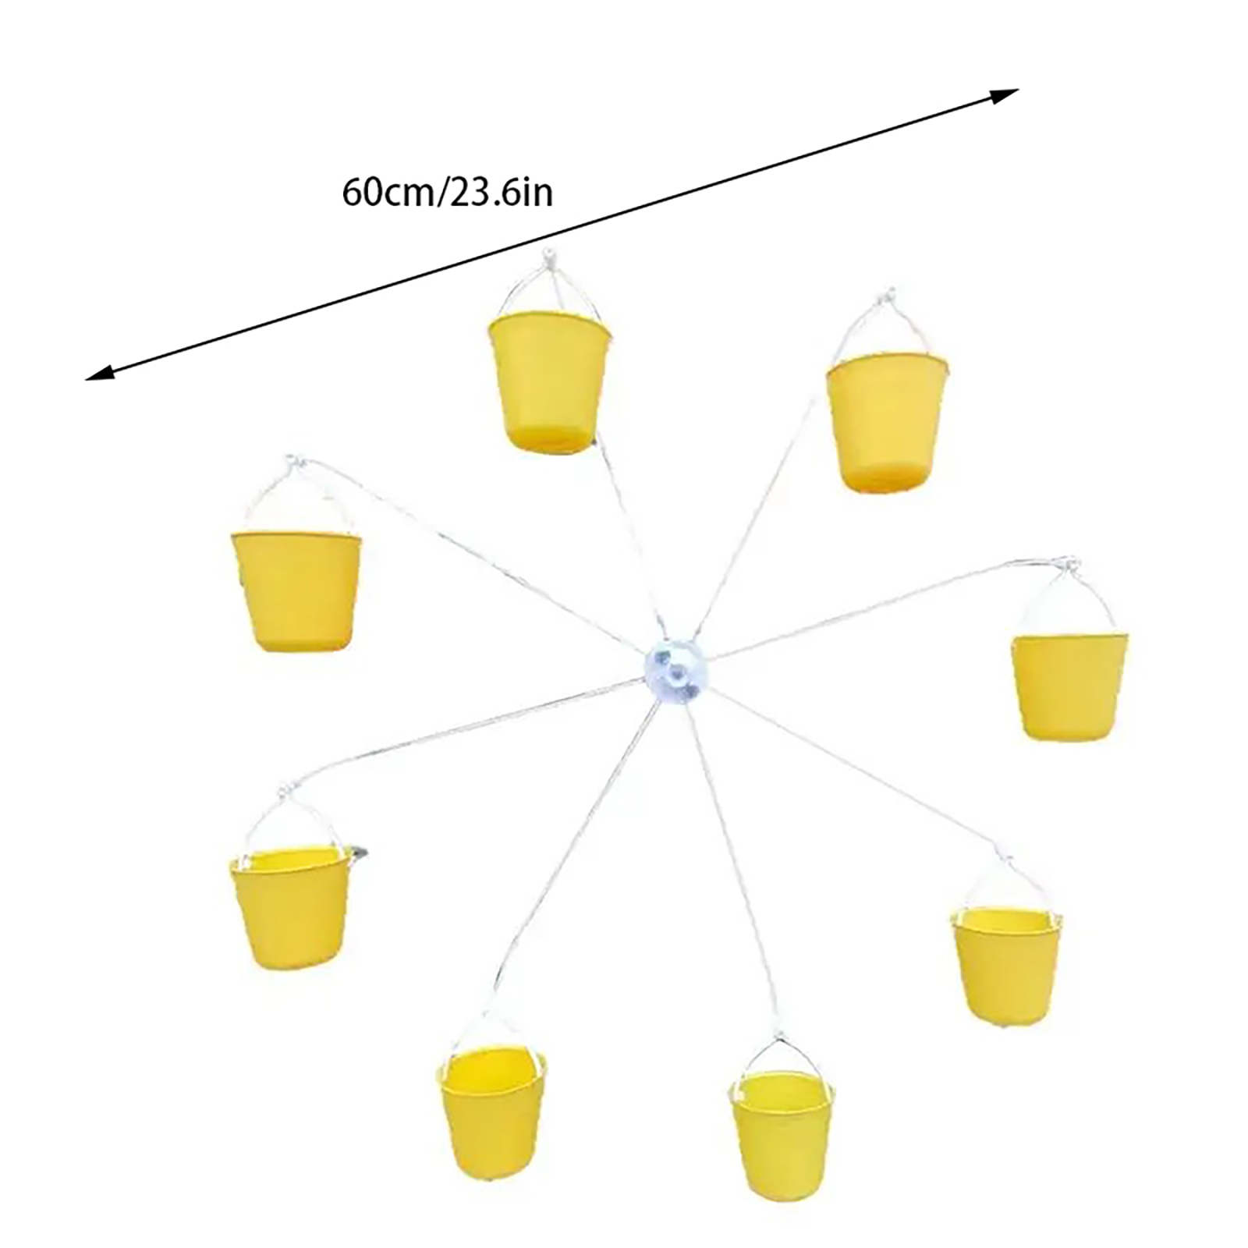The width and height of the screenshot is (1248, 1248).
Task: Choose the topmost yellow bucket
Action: (549, 382)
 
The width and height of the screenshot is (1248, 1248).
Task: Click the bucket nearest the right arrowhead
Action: (887, 422)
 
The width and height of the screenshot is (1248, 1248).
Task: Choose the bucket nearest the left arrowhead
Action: (297, 591)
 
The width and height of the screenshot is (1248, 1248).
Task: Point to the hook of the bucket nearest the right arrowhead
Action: (885, 298)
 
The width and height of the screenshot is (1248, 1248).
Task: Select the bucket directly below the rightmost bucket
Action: (1006, 965)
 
